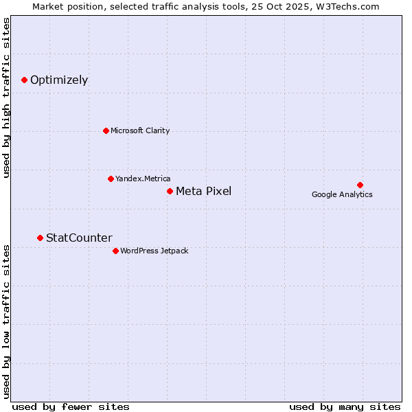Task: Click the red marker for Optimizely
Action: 24,80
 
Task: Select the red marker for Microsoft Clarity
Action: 106,130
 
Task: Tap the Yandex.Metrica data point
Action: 111,179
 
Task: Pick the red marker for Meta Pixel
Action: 170,191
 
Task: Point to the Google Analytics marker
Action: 360,185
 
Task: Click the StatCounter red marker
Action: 40,238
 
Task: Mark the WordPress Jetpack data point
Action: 115,251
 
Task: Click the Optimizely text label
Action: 59,80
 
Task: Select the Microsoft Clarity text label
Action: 140,130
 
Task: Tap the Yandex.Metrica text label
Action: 143,179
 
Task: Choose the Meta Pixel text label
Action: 203,191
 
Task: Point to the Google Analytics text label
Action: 342,194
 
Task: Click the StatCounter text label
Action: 79,238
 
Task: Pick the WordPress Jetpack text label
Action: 154,251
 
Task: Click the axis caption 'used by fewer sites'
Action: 71,407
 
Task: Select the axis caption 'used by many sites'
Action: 345,407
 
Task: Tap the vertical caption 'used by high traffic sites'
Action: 7,98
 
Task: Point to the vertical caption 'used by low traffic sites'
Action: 7,321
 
